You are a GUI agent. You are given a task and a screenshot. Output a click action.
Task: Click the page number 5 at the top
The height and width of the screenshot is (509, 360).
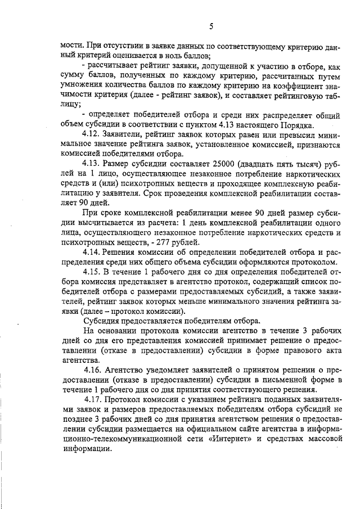pyautogui.click(x=210, y=26)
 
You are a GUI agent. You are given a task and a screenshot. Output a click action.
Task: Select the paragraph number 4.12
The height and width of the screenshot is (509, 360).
pyautogui.click(x=92, y=135)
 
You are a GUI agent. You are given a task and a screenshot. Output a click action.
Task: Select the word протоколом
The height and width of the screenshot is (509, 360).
pyautogui.click(x=316, y=262)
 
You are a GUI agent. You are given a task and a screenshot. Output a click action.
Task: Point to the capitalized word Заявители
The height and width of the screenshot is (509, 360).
pyautogui.click(x=129, y=135)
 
